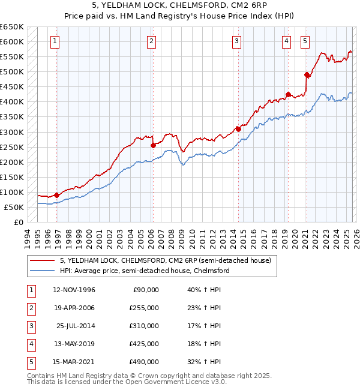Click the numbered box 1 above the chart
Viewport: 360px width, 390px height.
pos(55,41)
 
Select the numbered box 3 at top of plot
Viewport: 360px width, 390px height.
pos(237,41)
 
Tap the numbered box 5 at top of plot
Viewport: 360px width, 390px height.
pos(305,41)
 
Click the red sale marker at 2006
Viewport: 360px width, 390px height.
pos(153,145)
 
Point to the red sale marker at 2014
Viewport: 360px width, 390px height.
pos(238,128)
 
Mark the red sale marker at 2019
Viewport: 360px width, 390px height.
pos(288,94)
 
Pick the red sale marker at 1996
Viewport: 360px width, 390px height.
pos(57,195)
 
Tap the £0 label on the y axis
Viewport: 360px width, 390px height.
pos(18,222)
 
